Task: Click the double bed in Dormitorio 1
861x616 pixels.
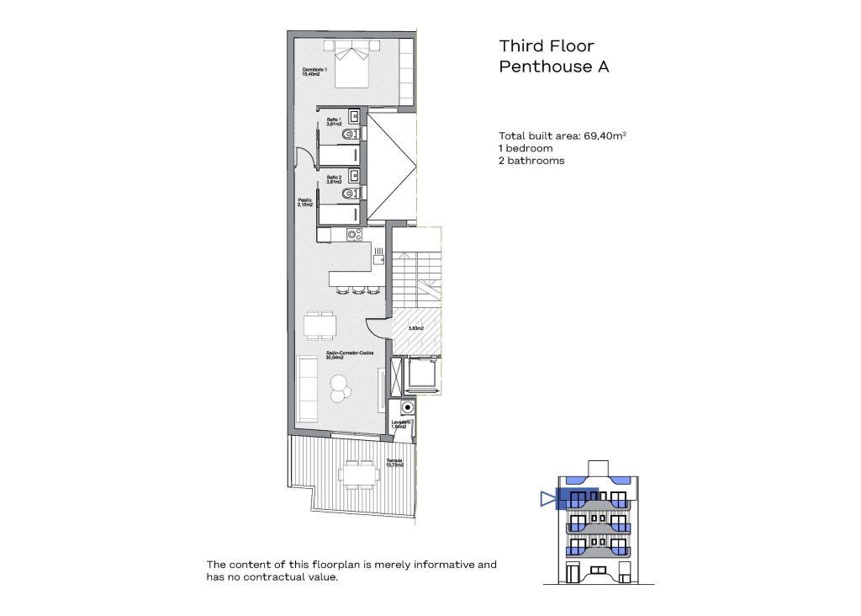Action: click(x=352, y=66)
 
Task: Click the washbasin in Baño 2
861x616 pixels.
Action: click(x=355, y=176)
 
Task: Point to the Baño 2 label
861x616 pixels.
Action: click(x=333, y=179)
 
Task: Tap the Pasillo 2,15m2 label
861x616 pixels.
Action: click(x=304, y=202)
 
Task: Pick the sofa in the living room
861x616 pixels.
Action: click(x=306, y=387)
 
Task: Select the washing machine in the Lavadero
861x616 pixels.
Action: click(x=408, y=407)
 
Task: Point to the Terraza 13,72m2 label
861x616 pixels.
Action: click(x=394, y=463)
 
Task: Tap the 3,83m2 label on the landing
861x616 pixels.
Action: click(x=415, y=329)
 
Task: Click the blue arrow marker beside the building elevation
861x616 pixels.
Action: click(x=548, y=499)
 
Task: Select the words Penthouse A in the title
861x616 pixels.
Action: click(x=553, y=68)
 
